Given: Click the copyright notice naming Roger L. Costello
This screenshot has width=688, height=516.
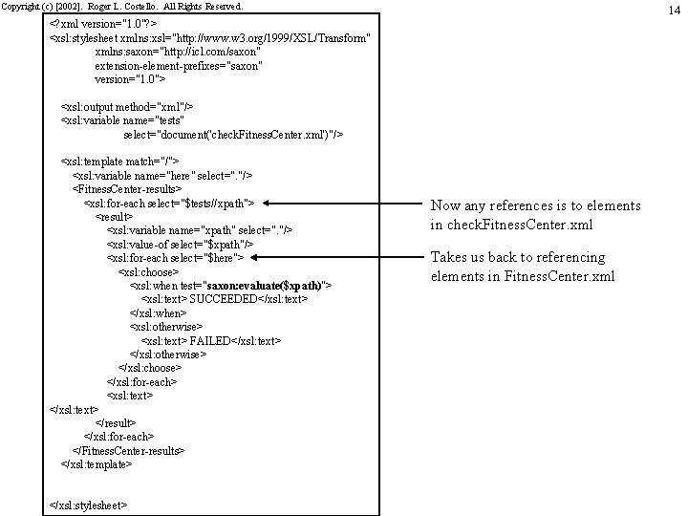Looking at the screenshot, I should (x=122, y=6).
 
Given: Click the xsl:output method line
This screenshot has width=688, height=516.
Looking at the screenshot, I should (x=126, y=108).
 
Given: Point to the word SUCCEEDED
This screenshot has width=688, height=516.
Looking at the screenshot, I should (x=225, y=299).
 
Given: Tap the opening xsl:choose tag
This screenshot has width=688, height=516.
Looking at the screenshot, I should (x=148, y=271).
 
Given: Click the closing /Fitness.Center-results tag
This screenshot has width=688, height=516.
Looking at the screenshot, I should (x=128, y=449).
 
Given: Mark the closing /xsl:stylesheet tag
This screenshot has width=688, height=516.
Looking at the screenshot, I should (x=88, y=504).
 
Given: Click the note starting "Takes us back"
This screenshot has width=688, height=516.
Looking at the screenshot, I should (x=521, y=267).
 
